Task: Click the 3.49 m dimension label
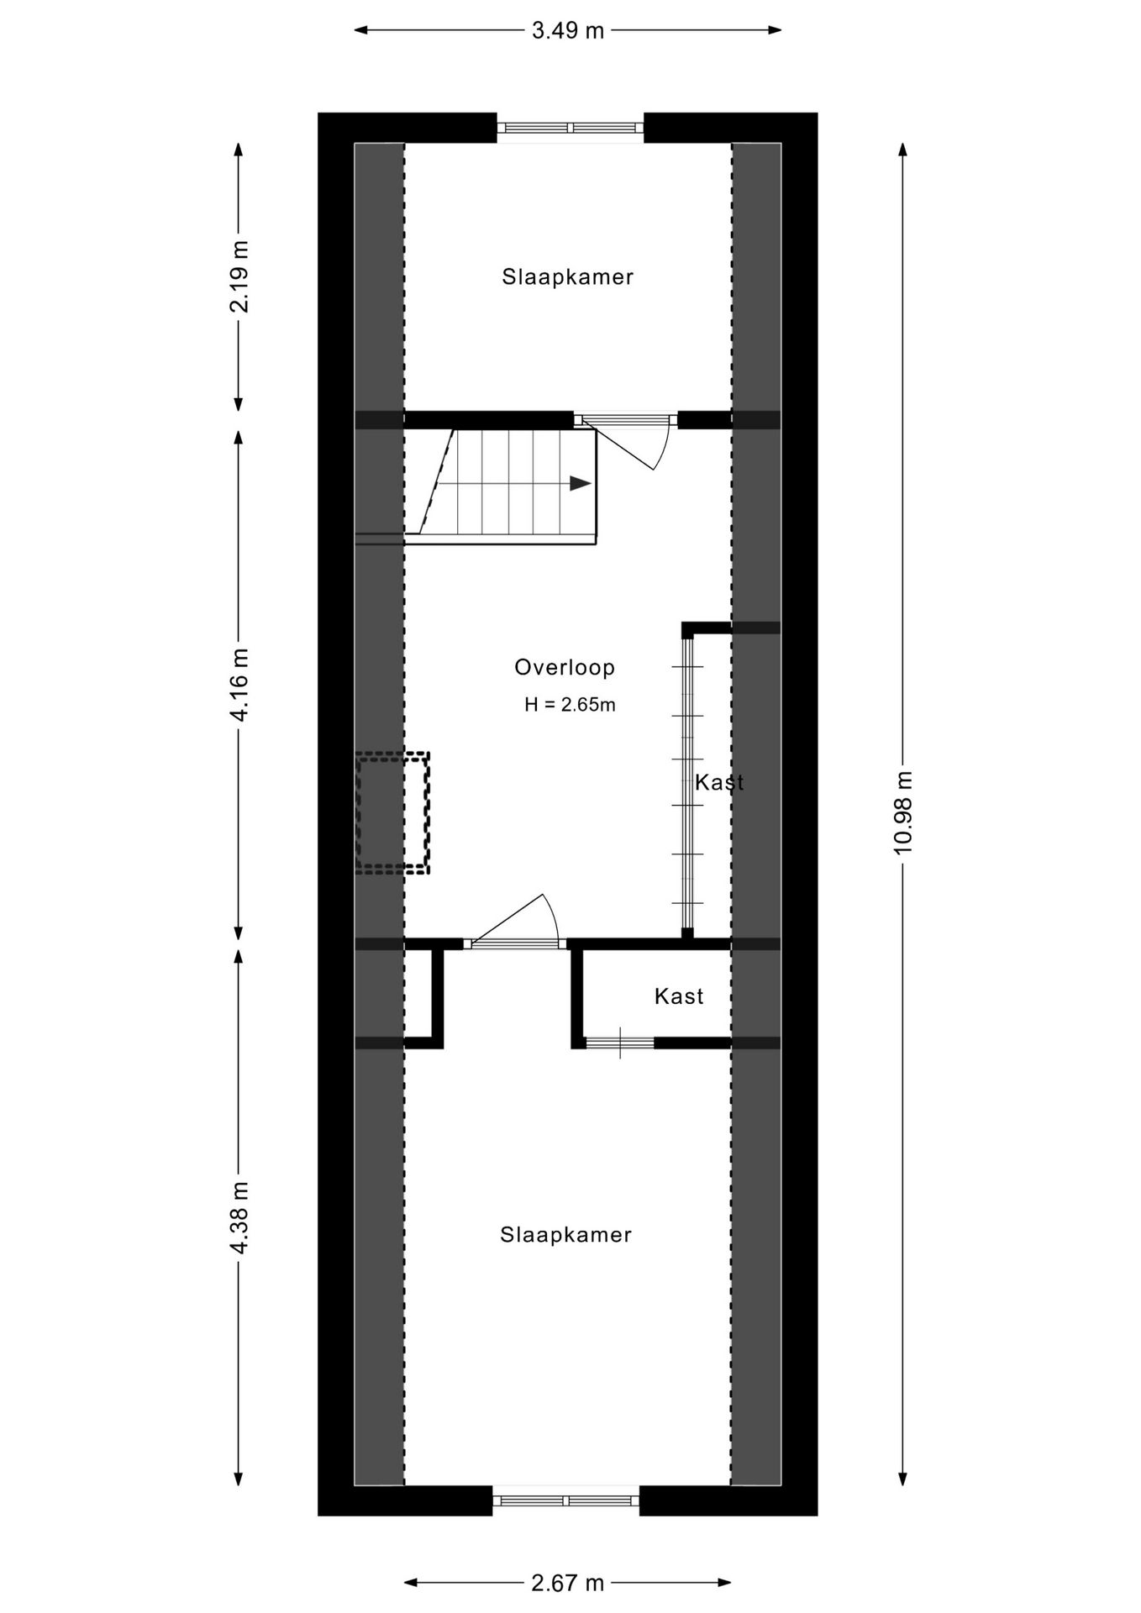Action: [568, 31]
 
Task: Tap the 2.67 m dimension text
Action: [568, 1584]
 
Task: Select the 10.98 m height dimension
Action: [902, 812]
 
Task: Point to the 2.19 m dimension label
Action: [239, 276]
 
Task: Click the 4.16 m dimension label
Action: [239, 685]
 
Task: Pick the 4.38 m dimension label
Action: [239, 1218]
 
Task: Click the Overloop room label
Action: [565, 668]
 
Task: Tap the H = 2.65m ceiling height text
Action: [570, 705]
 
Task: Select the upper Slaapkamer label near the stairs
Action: [567, 276]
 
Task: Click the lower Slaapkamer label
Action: [565, 1234]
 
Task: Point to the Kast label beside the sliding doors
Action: [719, 782]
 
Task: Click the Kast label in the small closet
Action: [678, 996]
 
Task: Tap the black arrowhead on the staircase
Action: [580, 483]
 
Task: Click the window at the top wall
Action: [570, 128]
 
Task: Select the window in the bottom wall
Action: [565, 1500]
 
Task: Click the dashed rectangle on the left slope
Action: [392, 813]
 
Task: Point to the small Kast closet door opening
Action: [620, 1043]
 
